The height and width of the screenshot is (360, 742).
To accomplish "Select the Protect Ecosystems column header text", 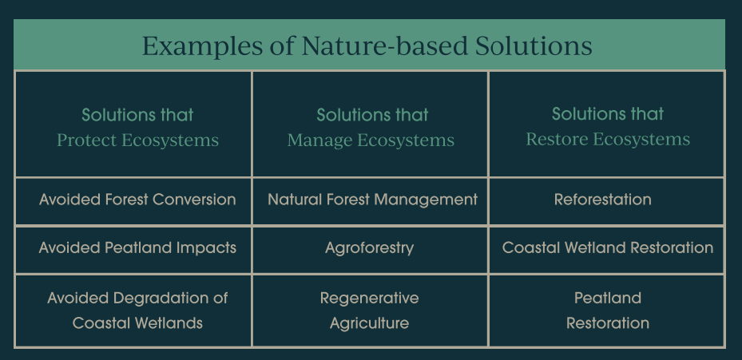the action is coord(137,128).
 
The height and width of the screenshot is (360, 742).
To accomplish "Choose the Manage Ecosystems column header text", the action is coord(371,128).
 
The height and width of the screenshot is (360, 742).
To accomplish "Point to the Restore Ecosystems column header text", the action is coord(608,127).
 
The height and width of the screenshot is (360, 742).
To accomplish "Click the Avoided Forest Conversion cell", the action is coord(137,200).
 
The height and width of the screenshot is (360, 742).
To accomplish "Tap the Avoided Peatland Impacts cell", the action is coord(137,248).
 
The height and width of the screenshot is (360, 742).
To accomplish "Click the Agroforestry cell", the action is coord(369,248).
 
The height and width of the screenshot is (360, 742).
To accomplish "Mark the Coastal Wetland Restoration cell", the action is coord(608,248).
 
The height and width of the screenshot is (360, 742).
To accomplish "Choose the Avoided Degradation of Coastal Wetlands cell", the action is coord(137,311).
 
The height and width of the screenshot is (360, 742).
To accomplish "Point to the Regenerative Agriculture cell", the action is coord(369,311).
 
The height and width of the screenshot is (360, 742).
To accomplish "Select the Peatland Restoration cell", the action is coord(608,311).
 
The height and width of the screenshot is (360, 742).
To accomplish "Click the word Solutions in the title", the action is coord(534,45).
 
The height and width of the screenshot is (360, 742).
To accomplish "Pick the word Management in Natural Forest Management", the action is coord(426,200).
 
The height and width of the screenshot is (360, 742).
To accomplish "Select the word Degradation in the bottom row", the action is coord(159,299).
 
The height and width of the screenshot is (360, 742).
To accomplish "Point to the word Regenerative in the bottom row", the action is coord(369,299).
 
